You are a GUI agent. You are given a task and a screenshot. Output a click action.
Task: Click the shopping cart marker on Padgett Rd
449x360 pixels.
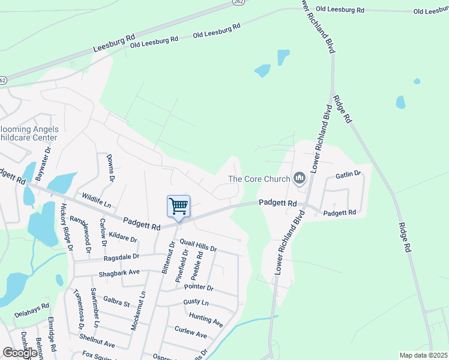178,206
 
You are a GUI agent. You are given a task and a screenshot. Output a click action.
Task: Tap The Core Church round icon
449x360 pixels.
299,178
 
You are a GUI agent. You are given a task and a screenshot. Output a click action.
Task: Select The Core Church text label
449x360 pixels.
259,179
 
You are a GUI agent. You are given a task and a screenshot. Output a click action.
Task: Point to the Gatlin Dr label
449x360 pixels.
348,174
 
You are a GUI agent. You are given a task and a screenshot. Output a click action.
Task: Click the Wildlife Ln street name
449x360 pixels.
97,200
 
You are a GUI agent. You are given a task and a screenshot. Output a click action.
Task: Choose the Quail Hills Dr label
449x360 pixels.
194,244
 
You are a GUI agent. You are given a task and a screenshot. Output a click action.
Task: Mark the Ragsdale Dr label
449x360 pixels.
121,256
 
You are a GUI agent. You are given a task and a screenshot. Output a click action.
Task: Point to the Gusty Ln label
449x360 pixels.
196,302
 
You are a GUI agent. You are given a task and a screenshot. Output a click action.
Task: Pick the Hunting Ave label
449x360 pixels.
206,319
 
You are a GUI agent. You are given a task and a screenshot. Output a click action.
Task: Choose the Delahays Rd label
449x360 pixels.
31,313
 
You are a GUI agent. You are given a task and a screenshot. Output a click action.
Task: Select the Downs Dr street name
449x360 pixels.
110,167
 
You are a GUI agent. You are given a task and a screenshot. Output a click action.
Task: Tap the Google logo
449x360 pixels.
20,353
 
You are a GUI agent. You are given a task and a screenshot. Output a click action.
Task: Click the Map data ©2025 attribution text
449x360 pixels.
423,355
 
